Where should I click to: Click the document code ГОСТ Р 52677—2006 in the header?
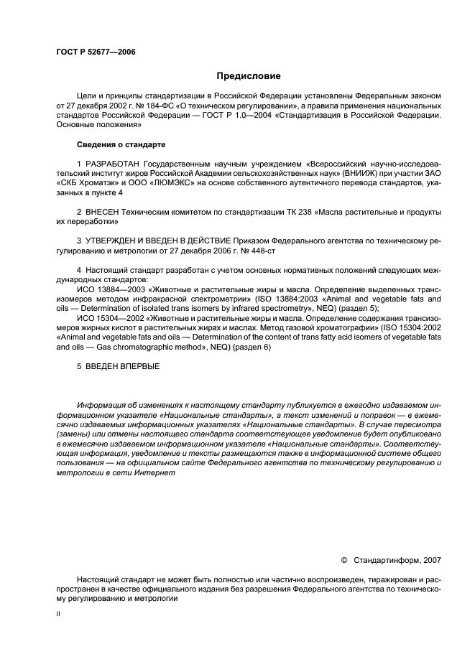tap(96, 52)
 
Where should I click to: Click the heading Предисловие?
tap(249, 75)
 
